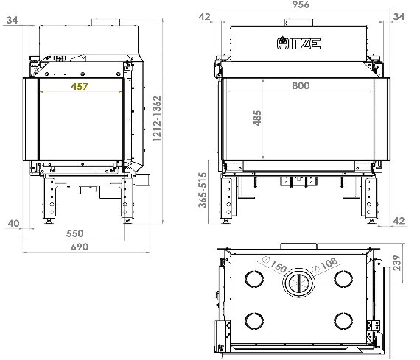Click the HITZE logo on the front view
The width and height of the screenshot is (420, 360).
[298, 43]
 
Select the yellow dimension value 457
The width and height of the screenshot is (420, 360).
[80, 86]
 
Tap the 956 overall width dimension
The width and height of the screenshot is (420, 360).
[301, 4]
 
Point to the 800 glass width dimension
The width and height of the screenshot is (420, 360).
[301, 85]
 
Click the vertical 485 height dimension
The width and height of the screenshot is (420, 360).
[257, 118]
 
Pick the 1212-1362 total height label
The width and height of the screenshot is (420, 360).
[157, 119]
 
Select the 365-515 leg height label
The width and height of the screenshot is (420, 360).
[203, 190]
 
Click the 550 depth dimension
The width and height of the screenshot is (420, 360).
[74, 233]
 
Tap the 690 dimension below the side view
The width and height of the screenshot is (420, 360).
[80, 247]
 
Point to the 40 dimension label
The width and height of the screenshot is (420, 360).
[14, 223]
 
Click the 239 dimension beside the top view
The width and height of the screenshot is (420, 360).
[397, 263]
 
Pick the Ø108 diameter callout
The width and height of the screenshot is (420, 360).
[325, 264]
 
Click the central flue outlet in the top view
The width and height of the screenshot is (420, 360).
[298, 283]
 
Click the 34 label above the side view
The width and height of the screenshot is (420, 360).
[12, 20]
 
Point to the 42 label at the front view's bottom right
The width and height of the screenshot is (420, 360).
[399, 221]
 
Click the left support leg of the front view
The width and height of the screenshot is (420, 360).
[228, 198]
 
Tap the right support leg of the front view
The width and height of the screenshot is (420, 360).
[370, 198]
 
